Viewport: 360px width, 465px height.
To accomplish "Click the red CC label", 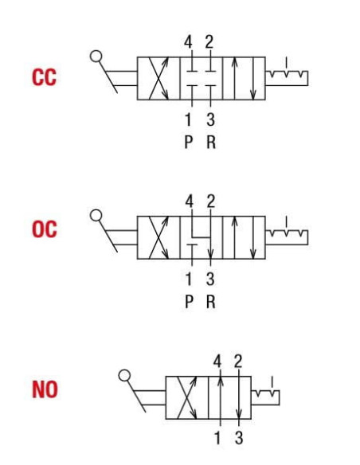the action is [44, 77].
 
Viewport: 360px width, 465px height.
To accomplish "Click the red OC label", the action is [44, 229].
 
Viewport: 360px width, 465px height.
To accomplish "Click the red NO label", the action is [45, 389].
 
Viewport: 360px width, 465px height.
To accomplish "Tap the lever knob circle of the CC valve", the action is [96, 56].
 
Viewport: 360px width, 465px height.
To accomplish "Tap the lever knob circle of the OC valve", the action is [96, 215].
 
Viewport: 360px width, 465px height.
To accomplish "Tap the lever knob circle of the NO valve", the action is [124, 375].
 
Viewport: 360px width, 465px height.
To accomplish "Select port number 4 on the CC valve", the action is [188, 42].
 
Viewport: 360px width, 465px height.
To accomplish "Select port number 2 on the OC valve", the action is [210, 201].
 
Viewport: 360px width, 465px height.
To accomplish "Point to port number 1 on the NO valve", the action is [218, 438].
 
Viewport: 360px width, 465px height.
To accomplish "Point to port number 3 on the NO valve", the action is [239, 438].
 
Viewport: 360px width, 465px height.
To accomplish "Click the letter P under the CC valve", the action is [188, 142].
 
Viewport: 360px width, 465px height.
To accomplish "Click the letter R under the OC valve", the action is [210, 302].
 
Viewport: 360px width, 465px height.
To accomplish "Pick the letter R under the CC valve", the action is [211, 142].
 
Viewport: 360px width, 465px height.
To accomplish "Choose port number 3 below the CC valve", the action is [210, 119].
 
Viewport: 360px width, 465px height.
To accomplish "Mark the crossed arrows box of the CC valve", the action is [158, 78].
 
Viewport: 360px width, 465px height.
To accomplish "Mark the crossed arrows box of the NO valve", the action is [187, 397].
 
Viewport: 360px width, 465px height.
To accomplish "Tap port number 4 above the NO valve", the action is [217, 361].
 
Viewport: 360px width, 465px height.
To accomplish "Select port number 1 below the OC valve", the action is [189, 279].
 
